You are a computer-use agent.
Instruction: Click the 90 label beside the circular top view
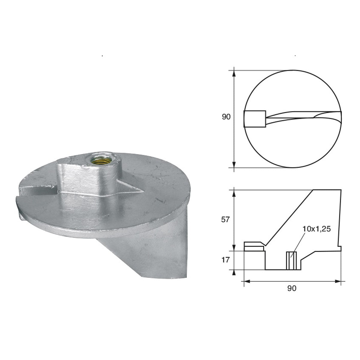coord(226,117)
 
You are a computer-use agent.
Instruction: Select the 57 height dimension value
coord(225,220)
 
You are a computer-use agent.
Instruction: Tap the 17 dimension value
coord(225,260)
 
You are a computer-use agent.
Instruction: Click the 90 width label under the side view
coord(292,288)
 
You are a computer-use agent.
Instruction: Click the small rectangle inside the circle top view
coord(255,119)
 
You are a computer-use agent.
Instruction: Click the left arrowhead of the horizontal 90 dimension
coord(247,281)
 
